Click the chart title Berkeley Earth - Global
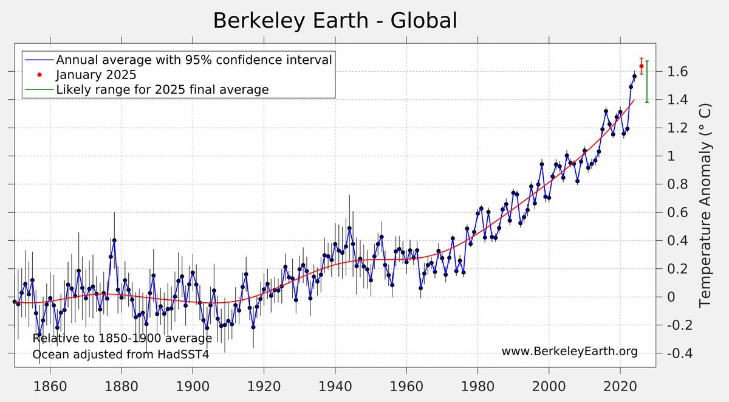[x=334, y=21]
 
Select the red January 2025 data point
[x=642, y=66]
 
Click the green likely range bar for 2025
[x=647, y=81]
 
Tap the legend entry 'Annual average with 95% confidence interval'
[x=194, y=60]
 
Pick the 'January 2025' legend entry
[x=96, y=75]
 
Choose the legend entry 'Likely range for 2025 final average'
[x=162, y=89]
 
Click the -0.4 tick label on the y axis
[x=673, y=353]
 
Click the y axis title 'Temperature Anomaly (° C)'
[x=705, y=206]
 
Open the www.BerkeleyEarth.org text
[x=569, y=352]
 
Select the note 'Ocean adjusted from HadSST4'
[x=120, y=354]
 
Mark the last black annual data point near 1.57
[x=634, y=76]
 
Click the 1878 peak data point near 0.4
[x=114, y=240]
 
